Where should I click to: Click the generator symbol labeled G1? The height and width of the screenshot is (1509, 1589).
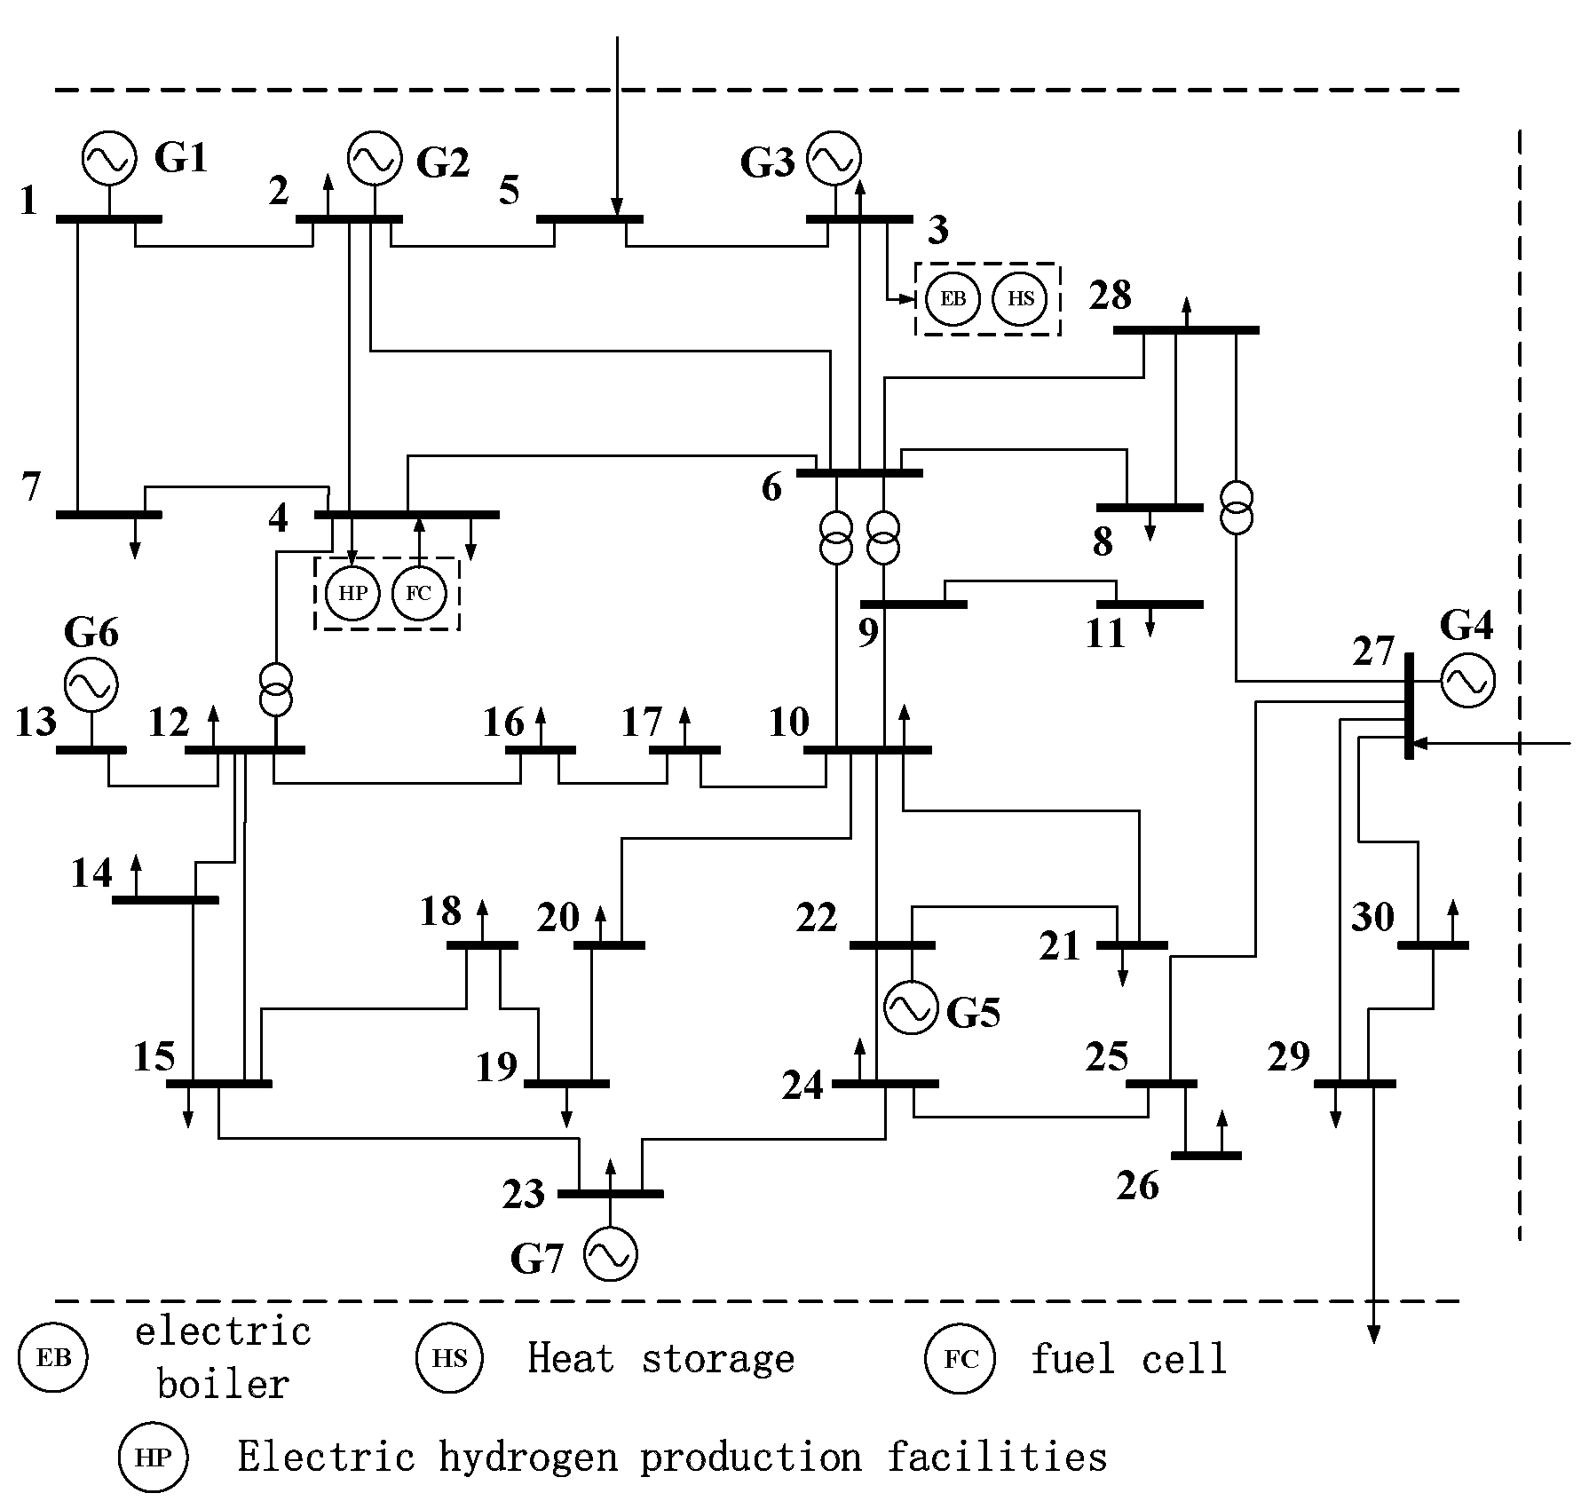tap(109, 158)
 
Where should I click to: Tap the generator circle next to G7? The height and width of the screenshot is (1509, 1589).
tap(610, 1254)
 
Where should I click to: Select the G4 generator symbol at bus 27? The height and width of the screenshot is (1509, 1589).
tap(1467, 681)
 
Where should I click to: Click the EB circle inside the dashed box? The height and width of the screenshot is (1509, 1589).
tap(953, 298)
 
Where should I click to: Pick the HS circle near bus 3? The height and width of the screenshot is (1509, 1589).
tap(1020, 298)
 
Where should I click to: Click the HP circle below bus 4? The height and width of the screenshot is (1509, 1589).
tap(352, 593)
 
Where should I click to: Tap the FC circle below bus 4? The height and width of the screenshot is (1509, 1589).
tap(418, 593)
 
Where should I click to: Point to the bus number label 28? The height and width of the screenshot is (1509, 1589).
tap(1110, 296)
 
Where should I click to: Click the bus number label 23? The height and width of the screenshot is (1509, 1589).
tap(523, 1195)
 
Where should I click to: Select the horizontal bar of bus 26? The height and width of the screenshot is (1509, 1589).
tap(1206, 1156)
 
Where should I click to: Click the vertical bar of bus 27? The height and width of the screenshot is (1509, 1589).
tap(1409, 706)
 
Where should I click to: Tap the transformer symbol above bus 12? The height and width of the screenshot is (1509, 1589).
tap(276, 690)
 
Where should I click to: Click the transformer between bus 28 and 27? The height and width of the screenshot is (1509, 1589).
tap(1236, 509)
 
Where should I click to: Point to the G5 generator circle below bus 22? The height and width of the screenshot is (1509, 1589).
tap(911, 1007)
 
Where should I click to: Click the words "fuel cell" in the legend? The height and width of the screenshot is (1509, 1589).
tap(1128, 1359)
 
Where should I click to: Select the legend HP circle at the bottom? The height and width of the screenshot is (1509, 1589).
tap(154, 1458)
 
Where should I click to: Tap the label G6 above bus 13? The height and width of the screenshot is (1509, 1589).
tap(91, 633)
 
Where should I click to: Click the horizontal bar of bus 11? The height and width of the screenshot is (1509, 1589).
tap(1156, 604)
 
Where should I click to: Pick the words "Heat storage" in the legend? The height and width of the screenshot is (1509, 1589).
tap(660, 1359)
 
